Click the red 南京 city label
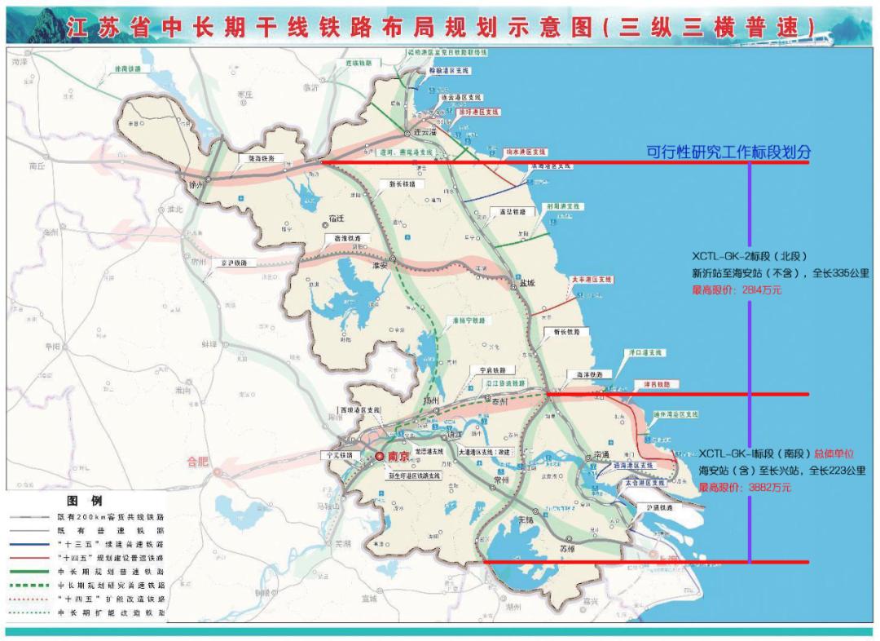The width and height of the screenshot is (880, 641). tap(397, 458)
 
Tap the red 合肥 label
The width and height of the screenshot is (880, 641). tap(198, 462)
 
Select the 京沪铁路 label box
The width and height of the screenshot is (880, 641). tap(231, 263)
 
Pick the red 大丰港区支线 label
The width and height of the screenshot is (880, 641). tap(591, 279)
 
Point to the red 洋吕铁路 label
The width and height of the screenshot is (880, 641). tap(651, 384)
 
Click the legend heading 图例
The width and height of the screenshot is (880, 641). tap(85, 501)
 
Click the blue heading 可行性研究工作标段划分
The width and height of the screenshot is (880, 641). tap(728, 152)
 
